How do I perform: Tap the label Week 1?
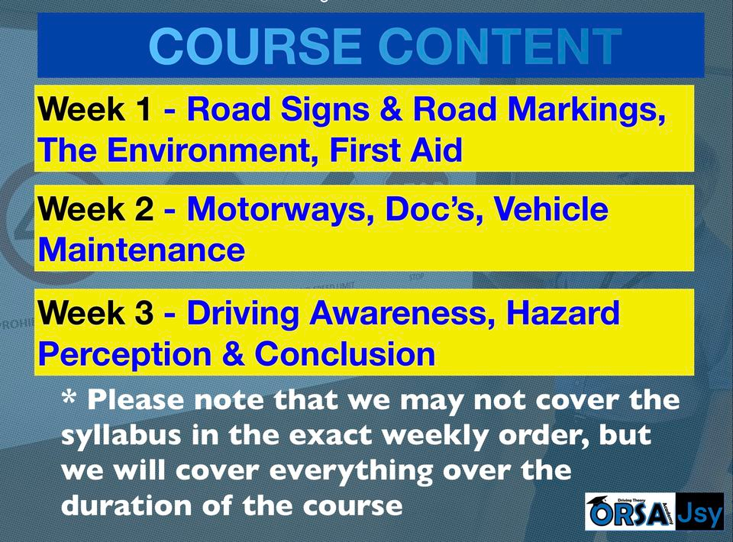(95, 111)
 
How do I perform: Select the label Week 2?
(95, 210)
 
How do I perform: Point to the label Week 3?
(95, 313)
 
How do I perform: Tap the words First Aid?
(396, 150)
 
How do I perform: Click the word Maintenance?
(142, 249)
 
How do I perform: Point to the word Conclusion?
(345, 354)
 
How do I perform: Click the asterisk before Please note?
(69, 398)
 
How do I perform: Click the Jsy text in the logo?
(699, 513)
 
